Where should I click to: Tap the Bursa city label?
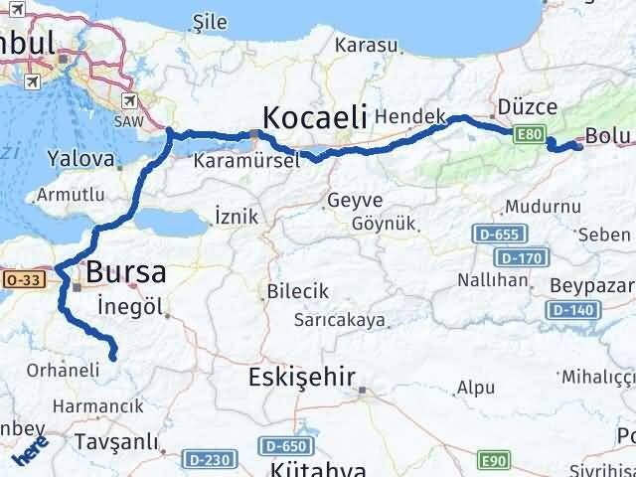point(126,271)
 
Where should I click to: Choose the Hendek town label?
point(411,116)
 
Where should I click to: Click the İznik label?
point(236,216)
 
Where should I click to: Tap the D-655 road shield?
point(494,236)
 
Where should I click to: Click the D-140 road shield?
point(571,311)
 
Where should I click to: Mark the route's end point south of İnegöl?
point(113,356)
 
